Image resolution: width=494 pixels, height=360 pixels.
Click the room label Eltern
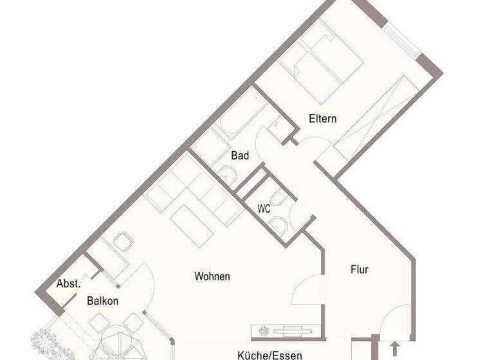[x=323, y=119]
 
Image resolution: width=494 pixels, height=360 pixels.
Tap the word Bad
[x=240, y=156]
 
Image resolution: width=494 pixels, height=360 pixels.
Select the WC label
[x=264, y=209]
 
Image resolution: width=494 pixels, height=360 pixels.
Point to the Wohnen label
[x=212, y=277]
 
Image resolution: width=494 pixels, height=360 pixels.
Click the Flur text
[x=360, y=270]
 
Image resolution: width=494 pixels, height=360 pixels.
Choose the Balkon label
[x=103, y=300]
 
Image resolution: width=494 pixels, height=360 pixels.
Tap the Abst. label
[x=68, y=283]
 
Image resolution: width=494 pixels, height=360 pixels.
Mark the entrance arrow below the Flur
[x=394, y=349]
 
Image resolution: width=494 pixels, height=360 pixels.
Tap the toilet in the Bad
[x=228, y=172]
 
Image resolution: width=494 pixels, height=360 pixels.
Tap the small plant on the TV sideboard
[x=264, y=330]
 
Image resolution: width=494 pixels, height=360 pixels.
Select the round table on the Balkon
[x=114, y=341]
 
